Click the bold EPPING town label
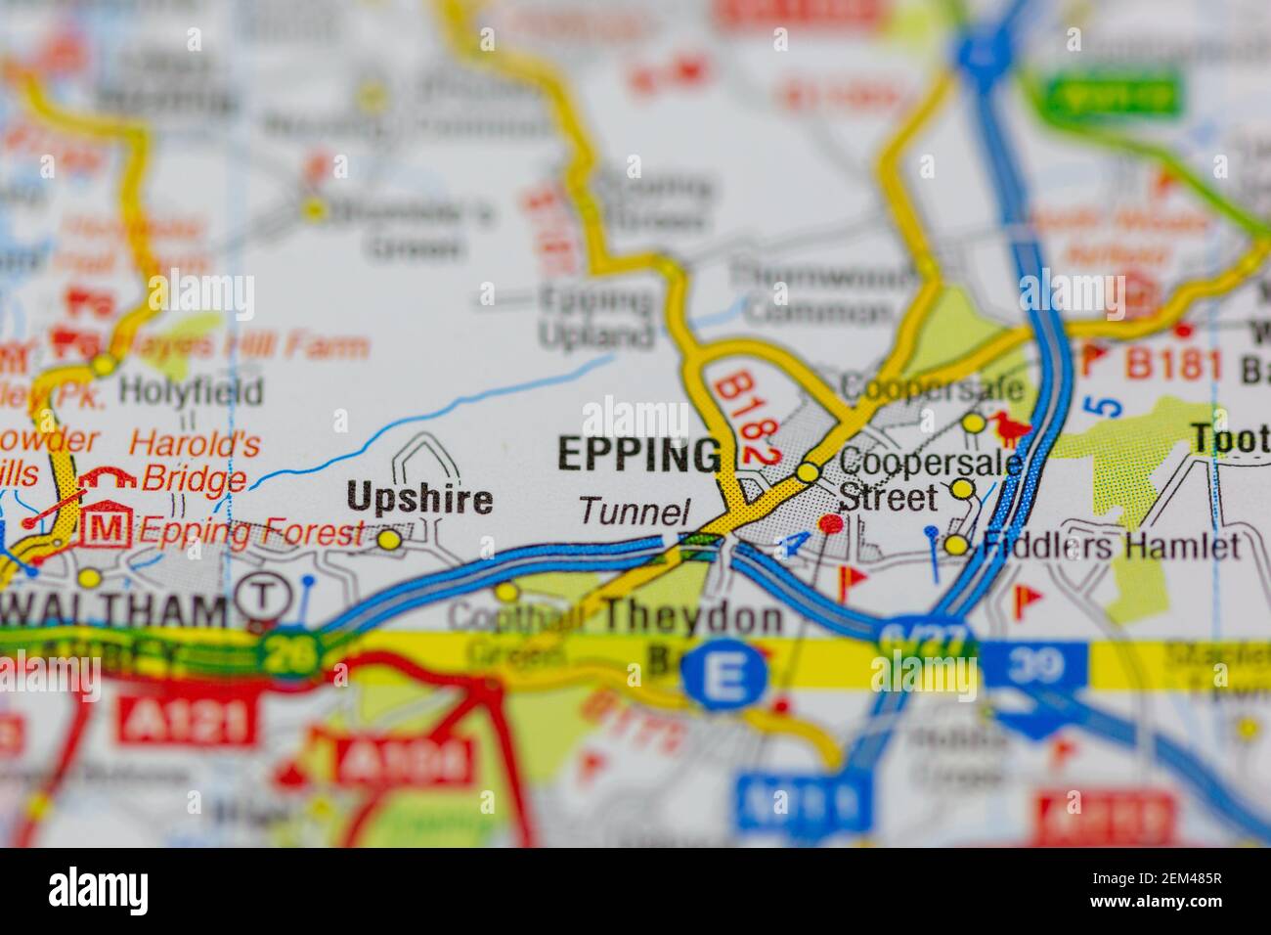(638, 455)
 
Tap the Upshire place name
(419, 500)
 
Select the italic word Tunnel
(635, 511)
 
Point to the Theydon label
(693, 616)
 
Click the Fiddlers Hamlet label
(1111, 546)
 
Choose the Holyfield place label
(191, 391)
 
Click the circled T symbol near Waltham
(260, 594)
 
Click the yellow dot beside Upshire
(389, 539)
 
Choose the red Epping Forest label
(250, 533)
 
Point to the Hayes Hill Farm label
(241, 346)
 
